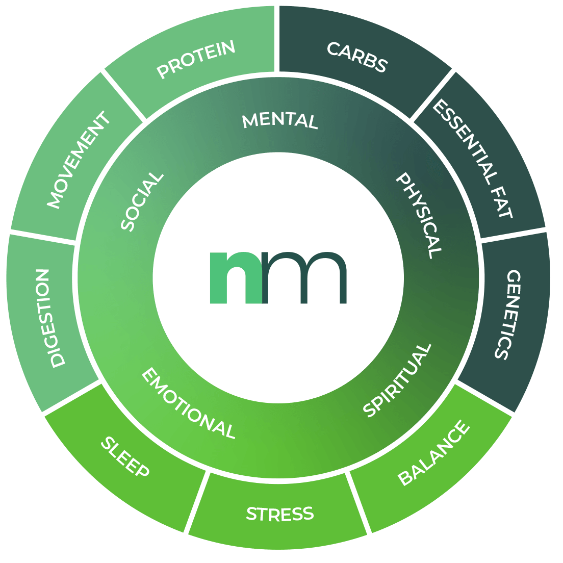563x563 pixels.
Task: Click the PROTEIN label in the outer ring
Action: pos(196,59)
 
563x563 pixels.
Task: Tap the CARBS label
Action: pos(357,57)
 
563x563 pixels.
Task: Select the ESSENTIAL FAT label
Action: pos(472,159)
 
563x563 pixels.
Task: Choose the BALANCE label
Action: pos(433,453)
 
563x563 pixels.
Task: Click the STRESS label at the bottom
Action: pos(279,514)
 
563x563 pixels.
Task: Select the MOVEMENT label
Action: pos(79,160)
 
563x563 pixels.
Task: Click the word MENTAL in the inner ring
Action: pos(280,121)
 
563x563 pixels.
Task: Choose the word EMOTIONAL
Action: pos(188,403)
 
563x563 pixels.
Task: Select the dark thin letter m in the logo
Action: pos(305,277)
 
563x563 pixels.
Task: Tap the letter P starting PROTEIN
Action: pos(163,71)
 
